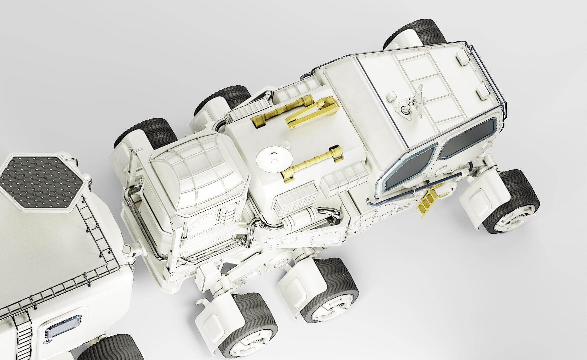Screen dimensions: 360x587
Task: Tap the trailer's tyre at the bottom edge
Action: pyautogui.click(x=110, y=347)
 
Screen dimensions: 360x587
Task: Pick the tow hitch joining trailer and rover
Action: pyautogui.click(x=132, y=248)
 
